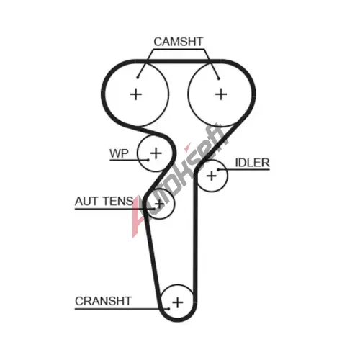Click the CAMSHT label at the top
179,42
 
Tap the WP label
119,153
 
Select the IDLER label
252,163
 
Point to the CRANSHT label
103,301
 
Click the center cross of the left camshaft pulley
136,94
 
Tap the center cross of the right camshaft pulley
221,94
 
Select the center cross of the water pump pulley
156,153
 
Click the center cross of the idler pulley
212,176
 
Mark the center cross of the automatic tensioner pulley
159,204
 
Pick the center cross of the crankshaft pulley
178,302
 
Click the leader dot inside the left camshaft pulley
138,77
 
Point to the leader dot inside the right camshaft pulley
219,78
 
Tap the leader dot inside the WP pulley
148,160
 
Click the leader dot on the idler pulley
218,170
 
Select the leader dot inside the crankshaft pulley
168,309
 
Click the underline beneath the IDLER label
244,170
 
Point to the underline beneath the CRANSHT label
122,309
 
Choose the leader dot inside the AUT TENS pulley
154,209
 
